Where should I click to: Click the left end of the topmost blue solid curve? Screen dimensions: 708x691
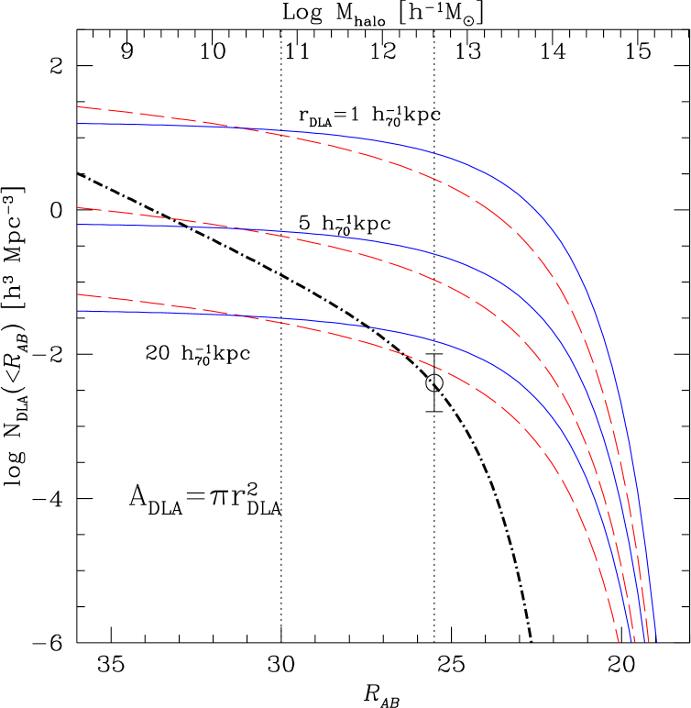pos(78,124)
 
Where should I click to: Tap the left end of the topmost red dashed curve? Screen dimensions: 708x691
pos(78,107)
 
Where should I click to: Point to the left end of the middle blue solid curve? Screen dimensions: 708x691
pos(78,225)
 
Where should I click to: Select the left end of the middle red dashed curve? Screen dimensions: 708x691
pos(78,208)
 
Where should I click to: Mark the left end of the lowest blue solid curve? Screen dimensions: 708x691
pos(78,311)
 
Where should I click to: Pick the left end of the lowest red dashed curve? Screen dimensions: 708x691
pos(78,295)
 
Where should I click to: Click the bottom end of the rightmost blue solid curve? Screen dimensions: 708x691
pos(656,641)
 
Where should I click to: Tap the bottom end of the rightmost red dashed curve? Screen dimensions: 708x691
pos(648,641)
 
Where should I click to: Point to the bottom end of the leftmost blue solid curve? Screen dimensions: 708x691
pos(631,641)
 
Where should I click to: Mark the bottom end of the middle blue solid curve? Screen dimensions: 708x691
pos(642,641)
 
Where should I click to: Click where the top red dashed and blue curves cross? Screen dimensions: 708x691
pos(261,130)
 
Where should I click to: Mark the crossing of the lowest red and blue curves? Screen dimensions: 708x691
pos(234,315)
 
